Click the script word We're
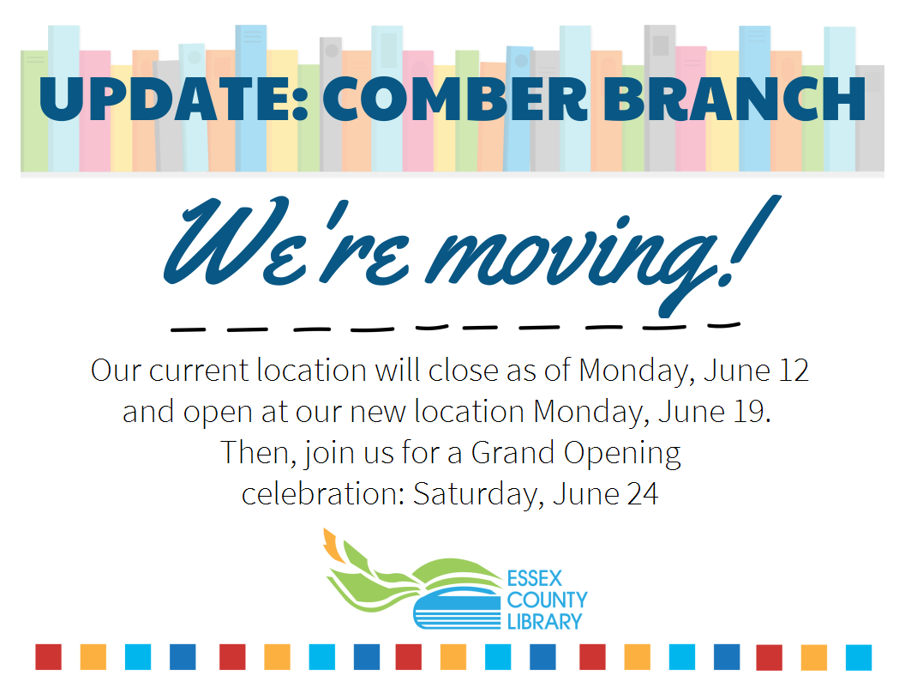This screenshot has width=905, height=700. click(x=249, y=244)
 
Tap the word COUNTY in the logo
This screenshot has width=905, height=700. click(x=547, y=599)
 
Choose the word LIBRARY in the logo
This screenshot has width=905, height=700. click(x=545, y=620)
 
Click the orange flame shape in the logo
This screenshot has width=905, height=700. click(x=333, y=546)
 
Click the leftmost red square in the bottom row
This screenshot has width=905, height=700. click(x=48, y=657)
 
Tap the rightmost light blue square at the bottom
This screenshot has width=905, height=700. click(x=858, y=657)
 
